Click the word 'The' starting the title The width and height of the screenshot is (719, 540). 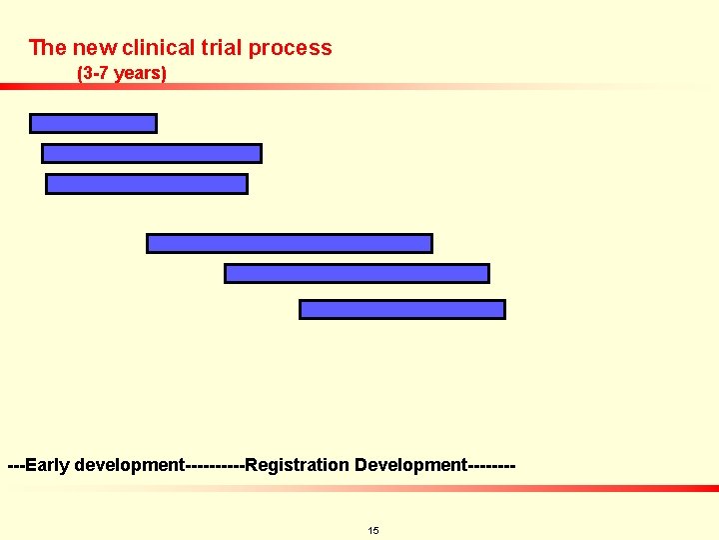click(47, 47)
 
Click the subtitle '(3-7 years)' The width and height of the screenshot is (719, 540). click(122, 74)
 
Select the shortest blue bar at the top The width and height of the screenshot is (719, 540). click(93, 123)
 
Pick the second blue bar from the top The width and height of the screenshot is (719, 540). click(151, 153)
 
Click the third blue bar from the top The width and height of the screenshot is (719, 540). click(146, 184)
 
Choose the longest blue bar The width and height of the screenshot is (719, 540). click(289, 243)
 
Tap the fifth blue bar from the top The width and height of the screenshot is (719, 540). click(357, 273)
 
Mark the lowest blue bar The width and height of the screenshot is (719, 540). click(401, 309)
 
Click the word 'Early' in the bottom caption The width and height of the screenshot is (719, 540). click(48, 465)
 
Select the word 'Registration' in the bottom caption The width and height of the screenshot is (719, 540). click(297, 465)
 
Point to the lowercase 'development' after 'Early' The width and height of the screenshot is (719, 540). click(129, 465)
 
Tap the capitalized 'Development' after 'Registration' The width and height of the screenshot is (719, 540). click(409, 465)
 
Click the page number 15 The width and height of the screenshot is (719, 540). click(373, 530)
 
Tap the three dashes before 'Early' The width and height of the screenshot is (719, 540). click(16, 465)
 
